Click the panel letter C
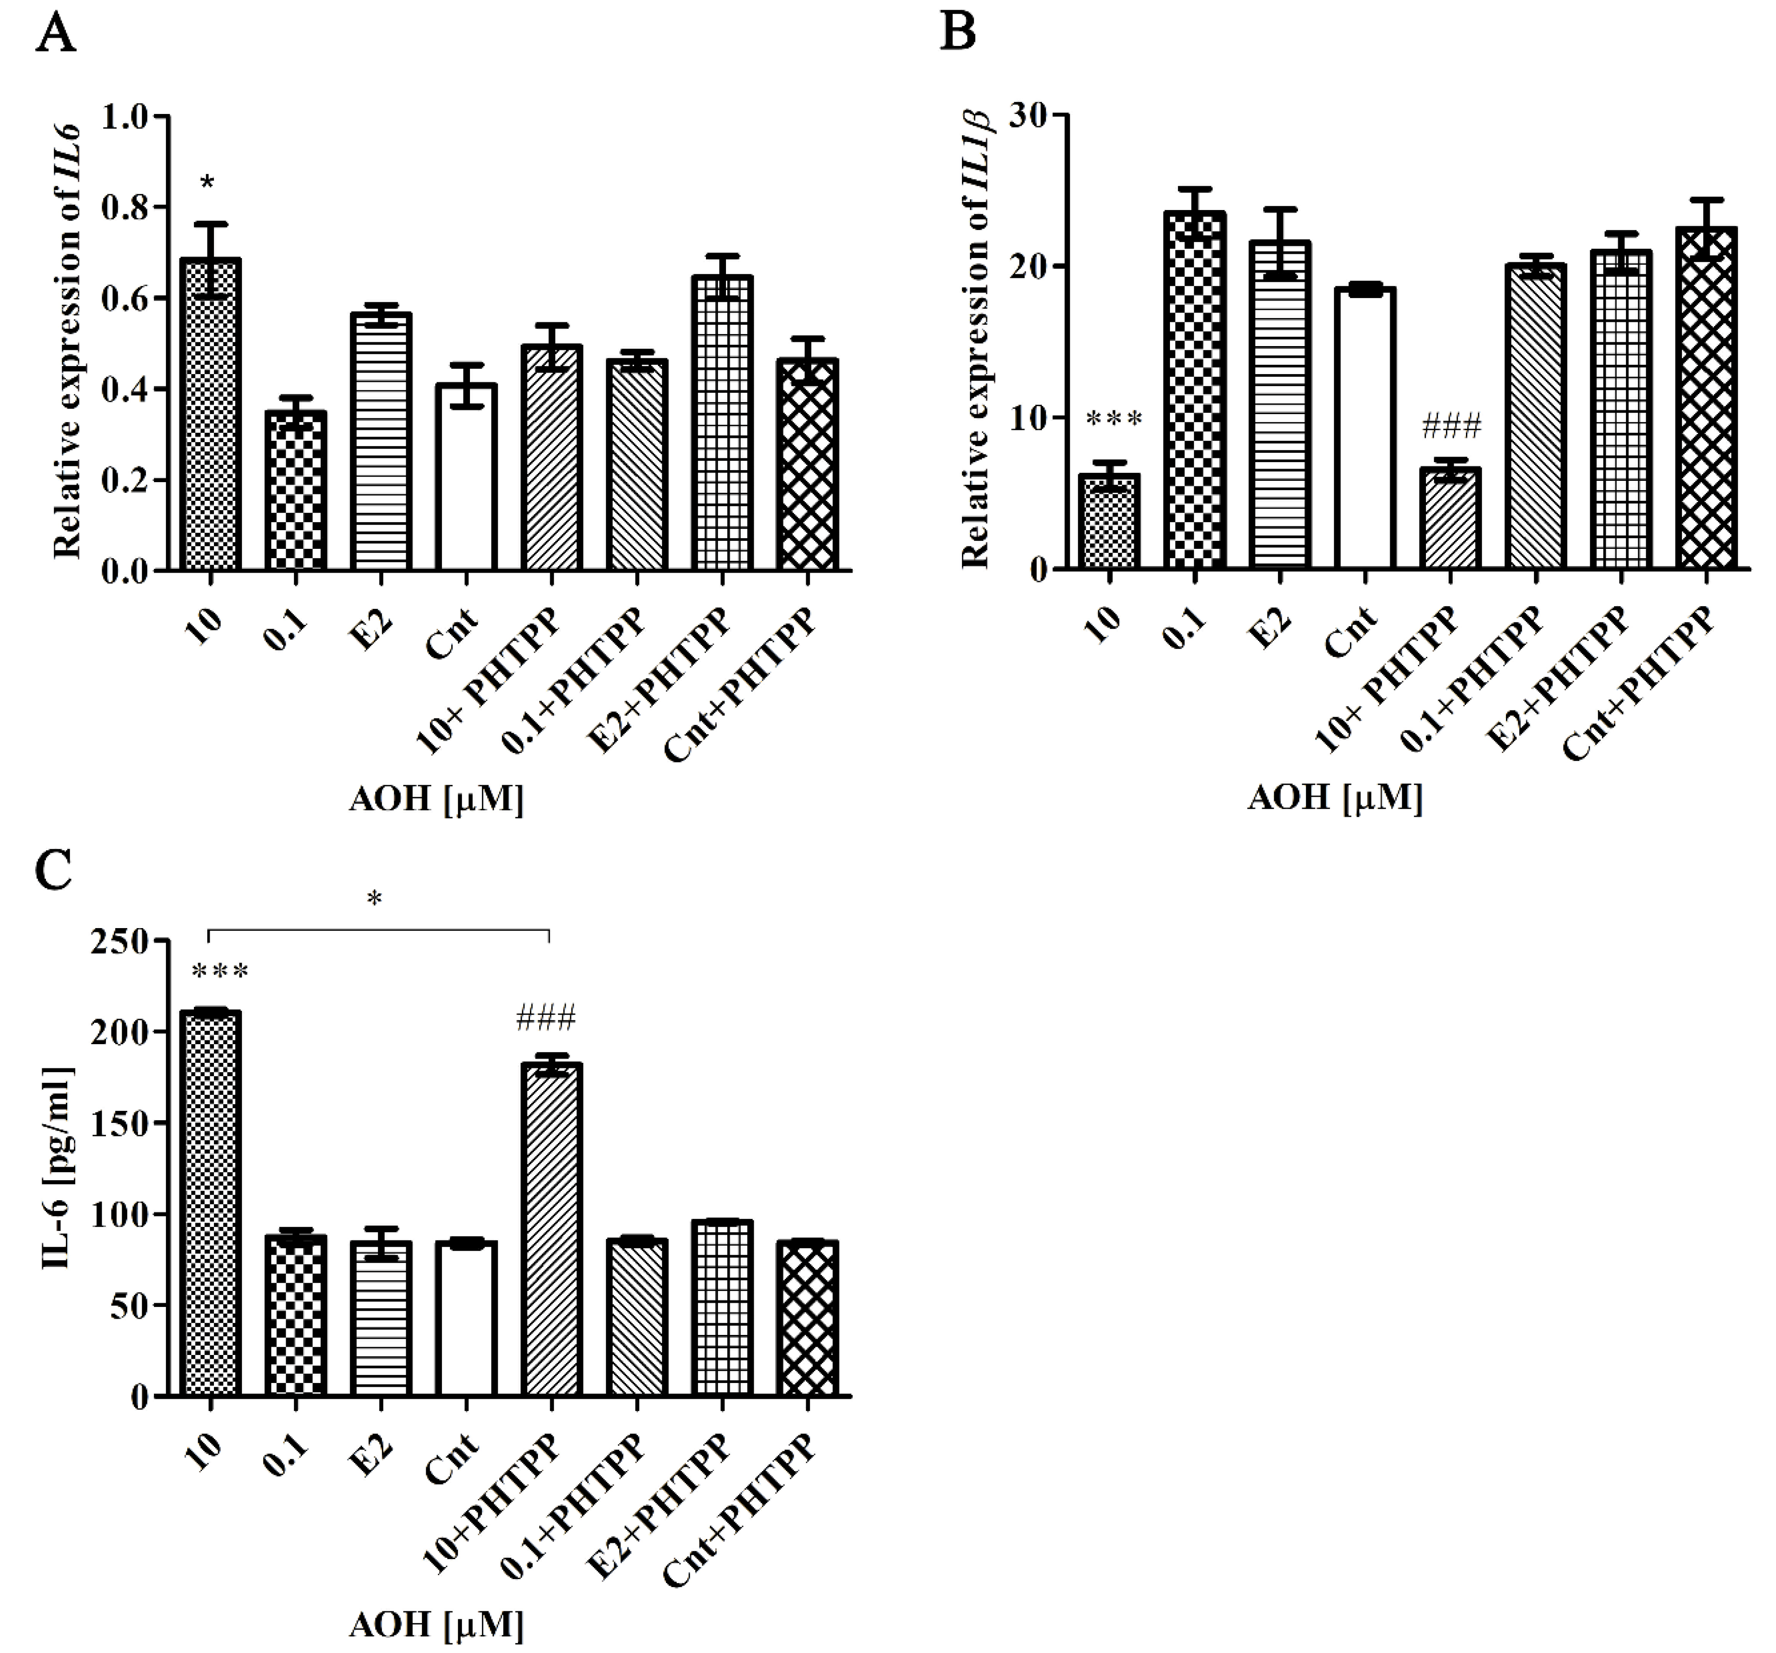point(54,871)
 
